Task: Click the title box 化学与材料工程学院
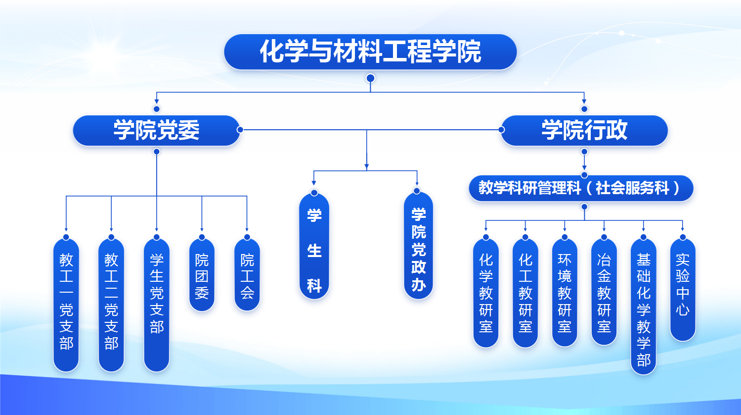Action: [370, 52]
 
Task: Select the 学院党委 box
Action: [156, 130]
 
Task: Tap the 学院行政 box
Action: [584, 130]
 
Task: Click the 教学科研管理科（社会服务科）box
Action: [581, 188]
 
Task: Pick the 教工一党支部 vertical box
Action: [66, 305]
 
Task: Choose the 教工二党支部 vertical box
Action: [111, 305]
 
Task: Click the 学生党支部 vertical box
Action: [157, 305]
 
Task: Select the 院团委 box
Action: [202, 275]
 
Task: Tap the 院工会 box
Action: [247, 275]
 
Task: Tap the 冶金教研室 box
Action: [604, 292]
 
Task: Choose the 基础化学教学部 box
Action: [644, 307]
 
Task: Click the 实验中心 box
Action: [683, 290]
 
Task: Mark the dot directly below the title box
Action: [370, 78]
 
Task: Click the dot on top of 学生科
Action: [314, 193]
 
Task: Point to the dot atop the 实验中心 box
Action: [683, 238]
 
